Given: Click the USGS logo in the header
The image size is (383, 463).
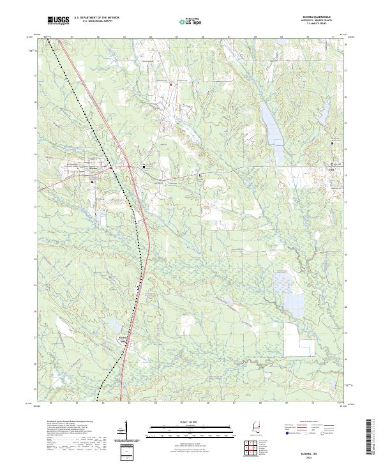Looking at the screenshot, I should pyautogui.click(x=58, y=20).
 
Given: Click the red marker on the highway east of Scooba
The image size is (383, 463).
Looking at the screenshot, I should pyautogui.click(x=111, y=168).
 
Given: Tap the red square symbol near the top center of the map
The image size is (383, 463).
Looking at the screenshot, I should pyautogui.click(x=170, y=84).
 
